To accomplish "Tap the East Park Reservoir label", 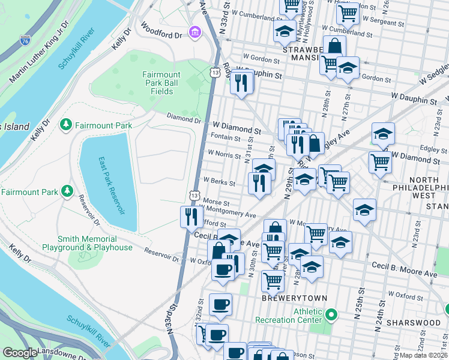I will coord(110,186).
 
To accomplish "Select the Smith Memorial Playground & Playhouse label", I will coord(87,243).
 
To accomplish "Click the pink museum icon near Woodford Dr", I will coord(194,31).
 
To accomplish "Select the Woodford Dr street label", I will coord(161,31).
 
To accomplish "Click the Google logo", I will coord(20,353).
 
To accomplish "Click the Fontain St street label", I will coord(226,137).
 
